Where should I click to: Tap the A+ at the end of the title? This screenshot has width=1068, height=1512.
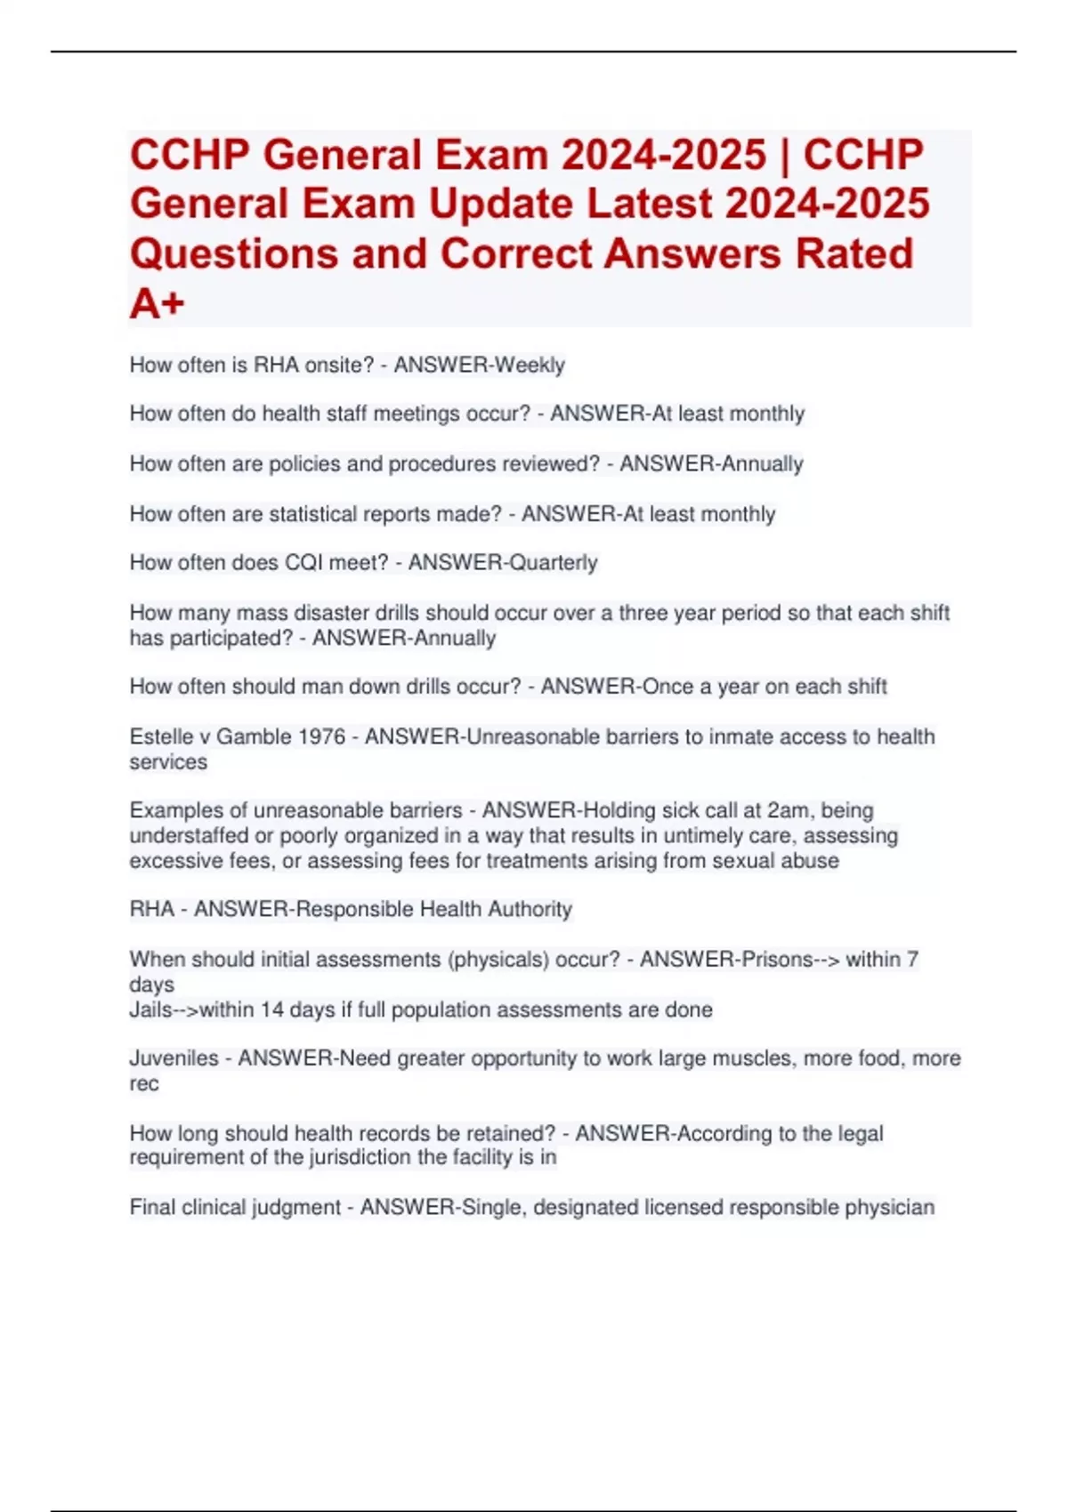[157, 303]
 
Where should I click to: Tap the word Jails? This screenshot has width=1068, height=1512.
[151, 1009]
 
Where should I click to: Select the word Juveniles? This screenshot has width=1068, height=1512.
[174, 1058]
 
